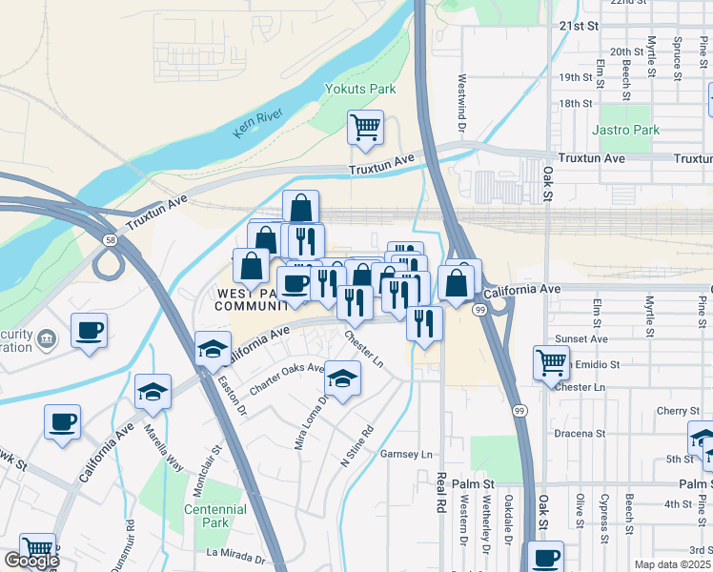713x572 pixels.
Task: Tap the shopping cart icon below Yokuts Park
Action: click(365, 128)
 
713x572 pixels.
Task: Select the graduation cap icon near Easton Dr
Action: click(214, 350)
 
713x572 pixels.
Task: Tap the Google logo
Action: click(31, 561)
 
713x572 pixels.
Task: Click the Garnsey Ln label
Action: click(407, 454)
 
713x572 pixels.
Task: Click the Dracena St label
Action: click(581, 434)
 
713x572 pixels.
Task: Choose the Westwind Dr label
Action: click(462, 103)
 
